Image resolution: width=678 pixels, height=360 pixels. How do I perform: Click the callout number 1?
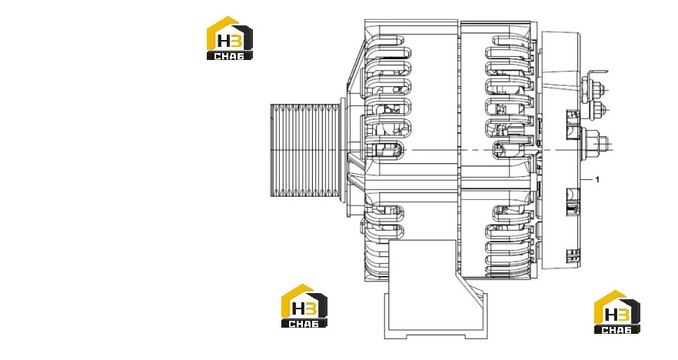coord(597,179)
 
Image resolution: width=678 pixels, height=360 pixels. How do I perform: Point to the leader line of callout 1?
coord(587,179)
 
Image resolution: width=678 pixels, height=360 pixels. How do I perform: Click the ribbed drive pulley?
coord(305,151)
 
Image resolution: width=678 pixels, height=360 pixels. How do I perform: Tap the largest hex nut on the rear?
coord(593,142)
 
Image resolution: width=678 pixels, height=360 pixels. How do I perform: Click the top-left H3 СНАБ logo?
coord(230,38)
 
